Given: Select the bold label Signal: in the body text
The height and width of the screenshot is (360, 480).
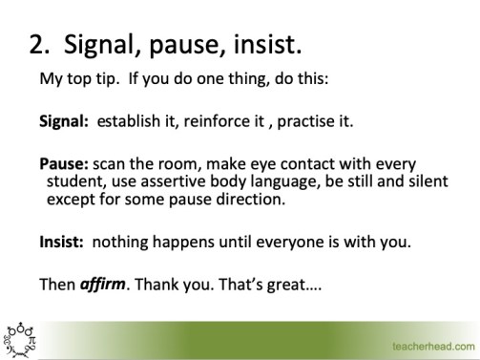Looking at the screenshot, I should point(63,121).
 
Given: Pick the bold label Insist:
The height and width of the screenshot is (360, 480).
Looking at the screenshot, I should point(61,242).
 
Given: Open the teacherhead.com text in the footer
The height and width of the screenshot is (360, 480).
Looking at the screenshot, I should point(432,344).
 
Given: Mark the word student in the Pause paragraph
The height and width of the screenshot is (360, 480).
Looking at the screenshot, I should point(74,182).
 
